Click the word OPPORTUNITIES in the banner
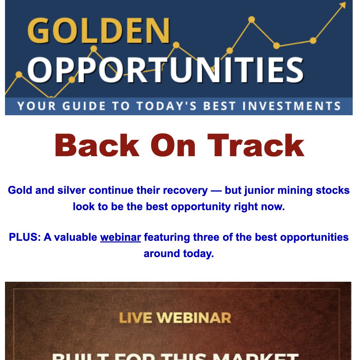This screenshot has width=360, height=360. [x=166, y=70]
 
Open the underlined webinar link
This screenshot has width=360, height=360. [x=121, y=237]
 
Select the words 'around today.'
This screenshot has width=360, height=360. [x=179, y=254]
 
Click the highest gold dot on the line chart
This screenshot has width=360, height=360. [x=252, y=20]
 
